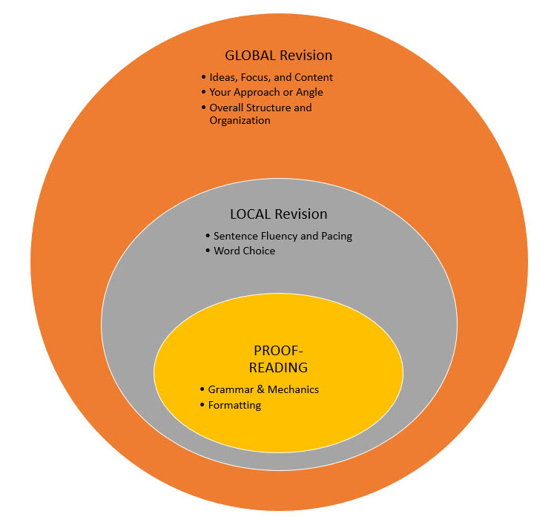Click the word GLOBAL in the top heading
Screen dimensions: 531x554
249,56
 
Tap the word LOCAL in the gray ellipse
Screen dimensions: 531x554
251,214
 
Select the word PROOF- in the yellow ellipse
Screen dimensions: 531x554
279,351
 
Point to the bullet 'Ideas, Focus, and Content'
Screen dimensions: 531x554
271,77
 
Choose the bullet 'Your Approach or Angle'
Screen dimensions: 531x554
266,92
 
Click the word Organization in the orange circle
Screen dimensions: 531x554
240,120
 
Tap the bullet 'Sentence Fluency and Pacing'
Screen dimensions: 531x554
283,236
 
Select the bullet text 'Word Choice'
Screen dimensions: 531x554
244,251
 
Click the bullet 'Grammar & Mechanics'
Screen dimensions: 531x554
263,389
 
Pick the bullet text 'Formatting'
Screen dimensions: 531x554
234,405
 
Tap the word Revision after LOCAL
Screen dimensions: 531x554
301,214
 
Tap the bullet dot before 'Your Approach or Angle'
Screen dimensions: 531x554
202,92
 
